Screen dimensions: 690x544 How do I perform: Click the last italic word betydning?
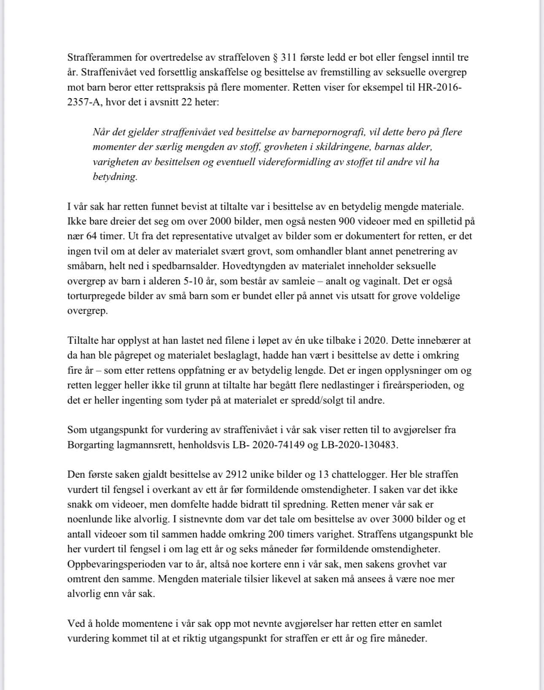[x=115, y=177]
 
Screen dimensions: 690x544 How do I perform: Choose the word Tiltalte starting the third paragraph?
[x=82, y=340]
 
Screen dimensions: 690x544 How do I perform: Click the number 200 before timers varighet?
[x=276, y=534]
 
